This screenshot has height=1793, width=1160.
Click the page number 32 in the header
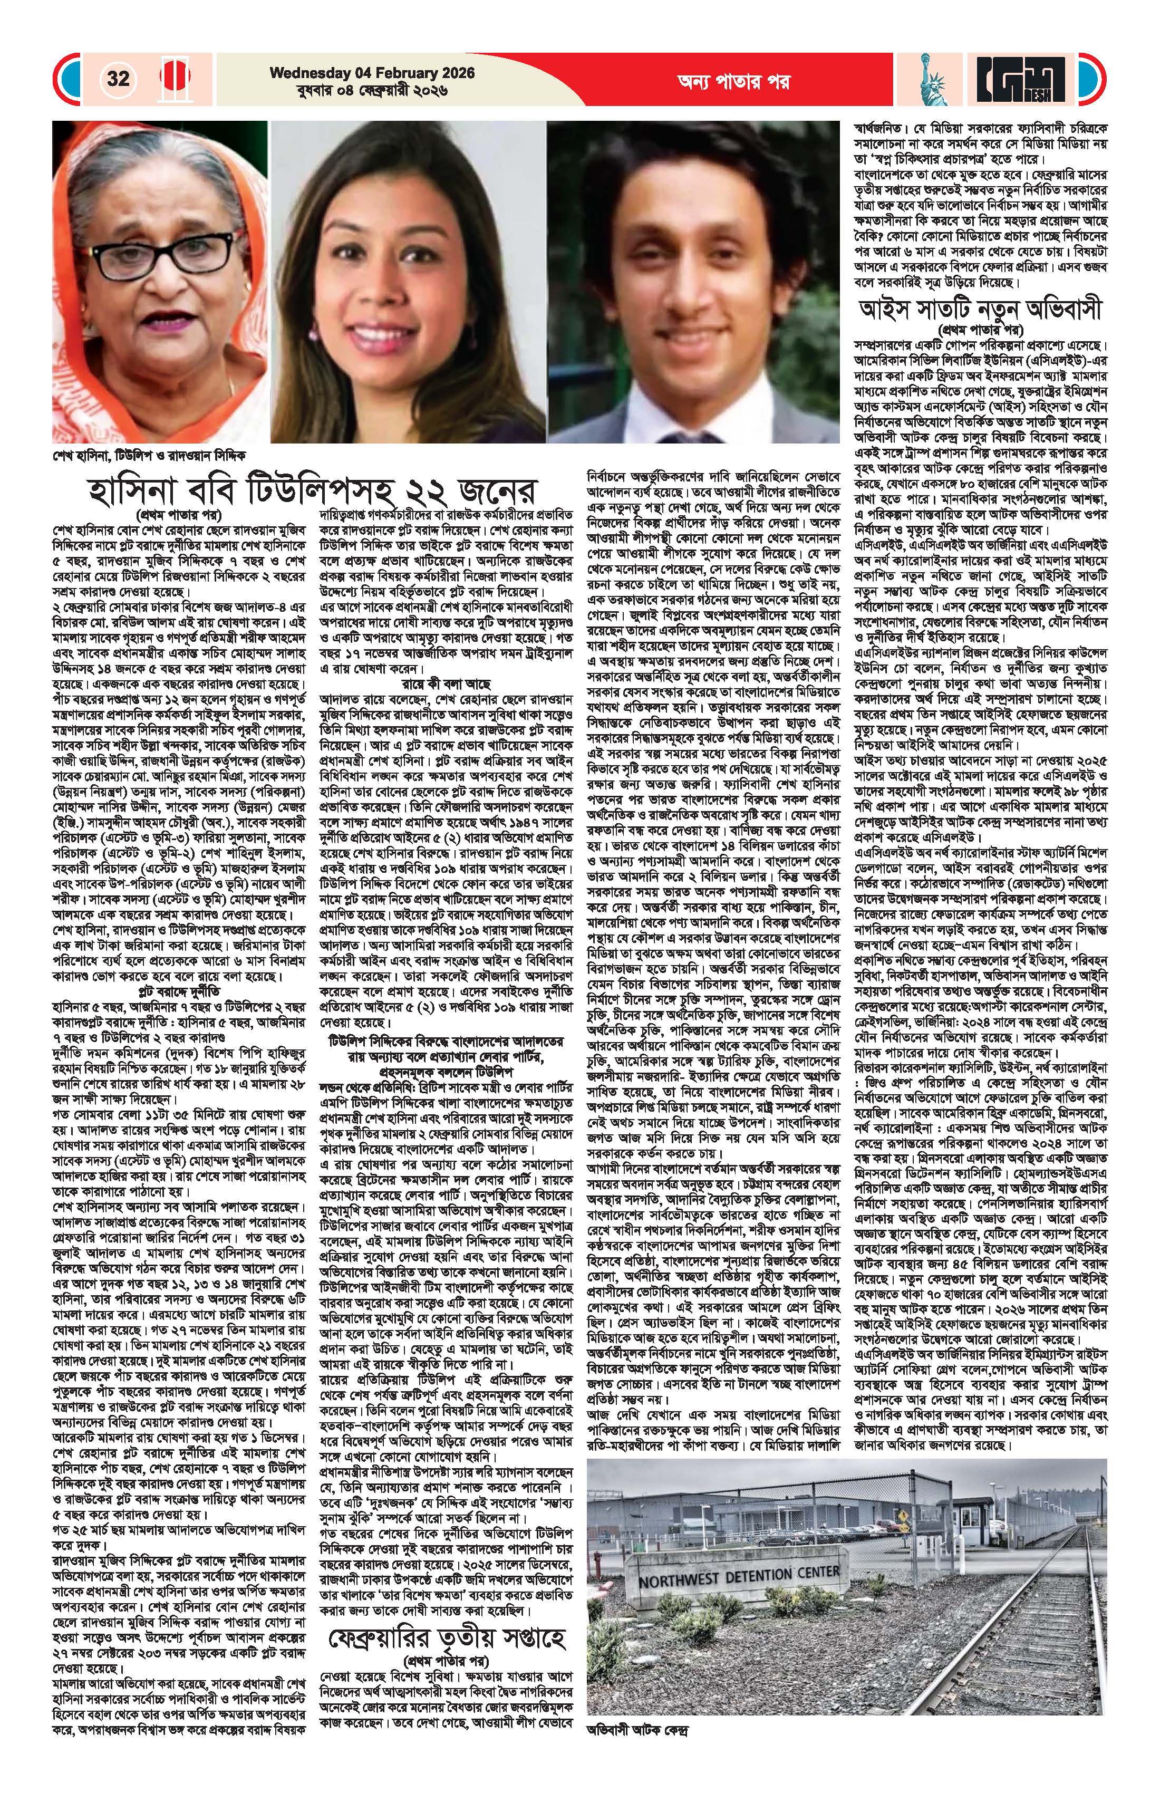click(x=118, y=79)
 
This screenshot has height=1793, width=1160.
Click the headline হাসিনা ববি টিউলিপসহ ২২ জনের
click(x=311, y=492)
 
